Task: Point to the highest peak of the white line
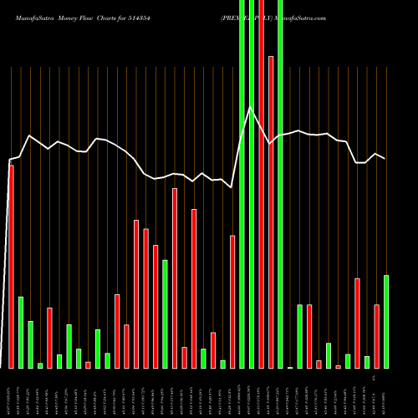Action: click(250, 107)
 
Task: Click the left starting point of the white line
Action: click(9, 159)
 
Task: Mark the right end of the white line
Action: click(385, 158)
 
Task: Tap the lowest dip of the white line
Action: click(232, 187)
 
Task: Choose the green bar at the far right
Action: click(386, 321)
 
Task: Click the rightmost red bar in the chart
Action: click(376, 336)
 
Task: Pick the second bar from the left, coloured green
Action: click(21, 332)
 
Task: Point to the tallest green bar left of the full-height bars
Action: click(165, 313)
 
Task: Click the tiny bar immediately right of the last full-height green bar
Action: click(290, 367)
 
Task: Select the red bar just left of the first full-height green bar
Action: click(232, 301)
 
